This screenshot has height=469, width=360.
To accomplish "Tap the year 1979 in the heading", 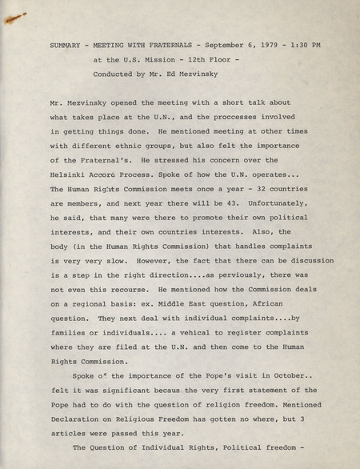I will tap(268, 45).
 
